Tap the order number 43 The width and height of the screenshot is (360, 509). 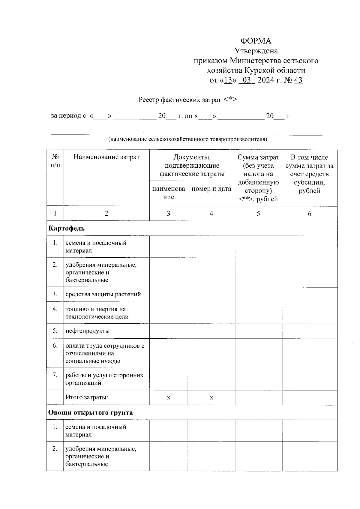(298, 80)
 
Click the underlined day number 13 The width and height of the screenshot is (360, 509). (229, 80)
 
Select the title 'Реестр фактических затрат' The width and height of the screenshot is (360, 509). (180, 100)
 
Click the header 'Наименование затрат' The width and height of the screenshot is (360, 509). (106, 157)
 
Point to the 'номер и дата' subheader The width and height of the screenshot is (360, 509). (211, 189)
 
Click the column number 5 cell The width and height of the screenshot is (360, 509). (258, 213)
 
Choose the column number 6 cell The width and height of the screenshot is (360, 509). (309, 213)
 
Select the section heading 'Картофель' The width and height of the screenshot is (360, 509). (67, 228)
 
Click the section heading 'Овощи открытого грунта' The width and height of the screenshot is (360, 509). (91, 412)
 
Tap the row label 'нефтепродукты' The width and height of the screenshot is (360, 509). (88, 331)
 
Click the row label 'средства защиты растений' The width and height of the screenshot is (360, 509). (103, 294)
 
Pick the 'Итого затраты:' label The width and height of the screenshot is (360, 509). (87, 397)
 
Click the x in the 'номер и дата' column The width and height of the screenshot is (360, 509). (211, 398)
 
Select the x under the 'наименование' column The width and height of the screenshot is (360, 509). (169, 398)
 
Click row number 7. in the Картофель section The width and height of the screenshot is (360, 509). (55, 375)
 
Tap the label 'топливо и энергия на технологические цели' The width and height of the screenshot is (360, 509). (97, 313)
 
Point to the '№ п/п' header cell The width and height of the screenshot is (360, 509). (55, 161)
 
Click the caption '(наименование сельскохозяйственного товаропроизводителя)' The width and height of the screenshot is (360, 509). (187, 139)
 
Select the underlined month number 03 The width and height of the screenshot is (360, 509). (247, 80)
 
